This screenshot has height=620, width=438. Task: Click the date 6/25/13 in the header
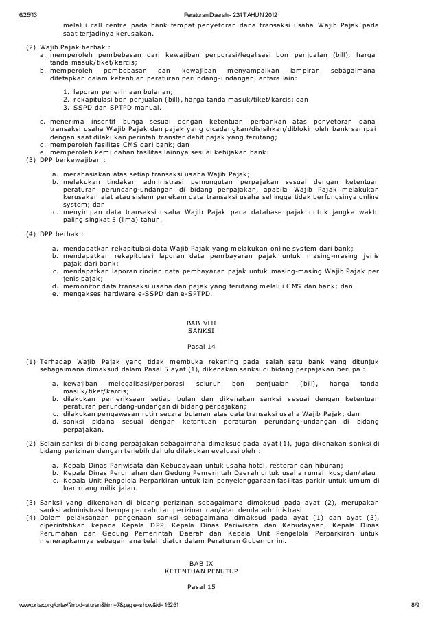coord(29,15)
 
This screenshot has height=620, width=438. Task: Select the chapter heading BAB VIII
coord(200,322)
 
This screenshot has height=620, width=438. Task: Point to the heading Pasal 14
coord(200,349)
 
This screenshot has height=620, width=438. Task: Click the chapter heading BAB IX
coord(200,562)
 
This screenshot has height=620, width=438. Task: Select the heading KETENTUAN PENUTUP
coord(200,571)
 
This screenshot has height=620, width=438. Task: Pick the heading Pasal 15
coord(200,588)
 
